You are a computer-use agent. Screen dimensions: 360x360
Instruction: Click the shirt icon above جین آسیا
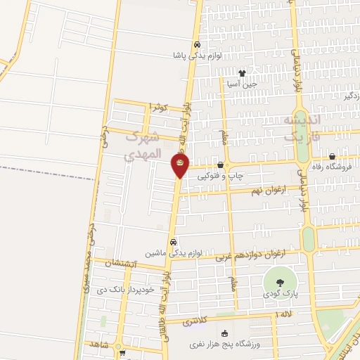243,73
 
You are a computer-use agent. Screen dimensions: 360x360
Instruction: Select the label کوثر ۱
159,107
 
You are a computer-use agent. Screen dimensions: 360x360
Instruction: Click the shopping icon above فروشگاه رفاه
331,157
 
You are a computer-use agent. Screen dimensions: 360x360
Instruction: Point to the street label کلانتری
196,321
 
